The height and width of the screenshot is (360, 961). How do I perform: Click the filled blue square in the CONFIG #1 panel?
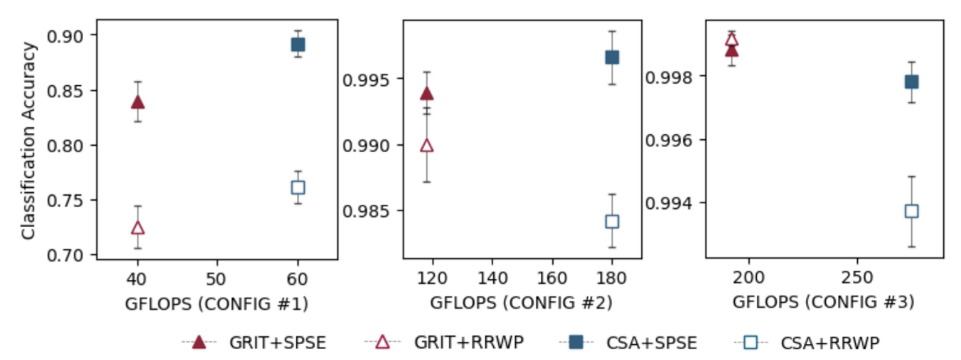tap(298, 45)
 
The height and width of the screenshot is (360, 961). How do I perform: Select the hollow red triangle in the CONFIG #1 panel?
tap(137, 228)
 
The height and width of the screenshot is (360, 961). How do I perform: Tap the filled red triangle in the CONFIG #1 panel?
tap(137, 103)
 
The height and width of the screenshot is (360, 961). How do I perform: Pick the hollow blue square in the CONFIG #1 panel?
tap(298, 187)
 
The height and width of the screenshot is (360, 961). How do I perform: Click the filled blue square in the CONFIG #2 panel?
tap(612, 57)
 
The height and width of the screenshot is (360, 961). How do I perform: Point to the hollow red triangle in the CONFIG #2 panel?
tap(427, 146)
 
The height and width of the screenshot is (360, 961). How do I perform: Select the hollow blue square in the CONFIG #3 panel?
tap(911, 211)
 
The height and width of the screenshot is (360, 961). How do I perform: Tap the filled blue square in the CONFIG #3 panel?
tap(911, 82)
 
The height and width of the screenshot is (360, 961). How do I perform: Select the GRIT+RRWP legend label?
tap(468, 343)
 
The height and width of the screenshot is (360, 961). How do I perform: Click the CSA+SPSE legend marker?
tap(576, 342)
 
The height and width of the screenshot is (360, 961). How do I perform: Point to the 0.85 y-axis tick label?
tap(64, 91)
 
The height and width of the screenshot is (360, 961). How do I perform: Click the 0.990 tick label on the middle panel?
tap(365, 146)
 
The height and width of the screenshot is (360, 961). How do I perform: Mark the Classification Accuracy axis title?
tap(28, 140)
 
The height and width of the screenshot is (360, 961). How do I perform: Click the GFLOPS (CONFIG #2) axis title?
tap(521, 303)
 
